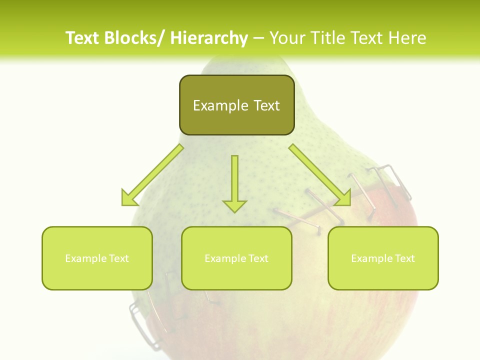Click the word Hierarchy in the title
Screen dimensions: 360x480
pos(209,38)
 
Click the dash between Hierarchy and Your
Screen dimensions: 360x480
pos(258,38)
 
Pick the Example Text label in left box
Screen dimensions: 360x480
pos(97,258)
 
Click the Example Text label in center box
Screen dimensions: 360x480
pos(236,258)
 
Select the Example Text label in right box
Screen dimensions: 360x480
pos(383,258)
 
